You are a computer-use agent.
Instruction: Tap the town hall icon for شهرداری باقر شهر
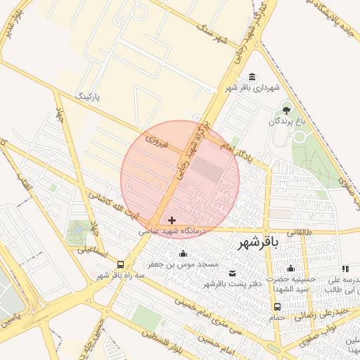(x=252, y=77)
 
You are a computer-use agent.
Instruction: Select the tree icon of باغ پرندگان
(x=286, y=109)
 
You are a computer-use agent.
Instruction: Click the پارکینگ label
(x=88, y=96)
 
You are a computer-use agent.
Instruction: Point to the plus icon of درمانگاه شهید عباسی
(x=172, y=221)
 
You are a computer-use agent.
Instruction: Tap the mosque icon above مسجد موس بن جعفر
(x=184, y=253)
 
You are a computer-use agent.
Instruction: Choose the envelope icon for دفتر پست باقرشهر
(x=233, y=273)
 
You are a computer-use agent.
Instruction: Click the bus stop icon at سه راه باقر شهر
(x=121, y=265)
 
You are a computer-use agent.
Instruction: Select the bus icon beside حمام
(x=277, y=307)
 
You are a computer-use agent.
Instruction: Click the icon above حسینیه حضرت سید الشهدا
(x=290, y=268)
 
